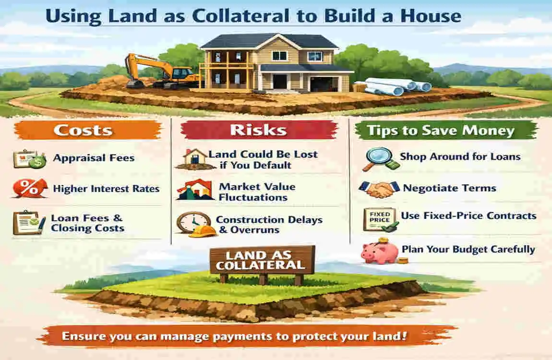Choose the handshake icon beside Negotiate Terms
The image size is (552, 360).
379,188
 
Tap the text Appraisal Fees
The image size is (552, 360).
94,158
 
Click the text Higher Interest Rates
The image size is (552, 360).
106,189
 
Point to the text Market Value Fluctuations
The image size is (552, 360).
257,192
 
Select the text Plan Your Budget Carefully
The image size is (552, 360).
468,250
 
